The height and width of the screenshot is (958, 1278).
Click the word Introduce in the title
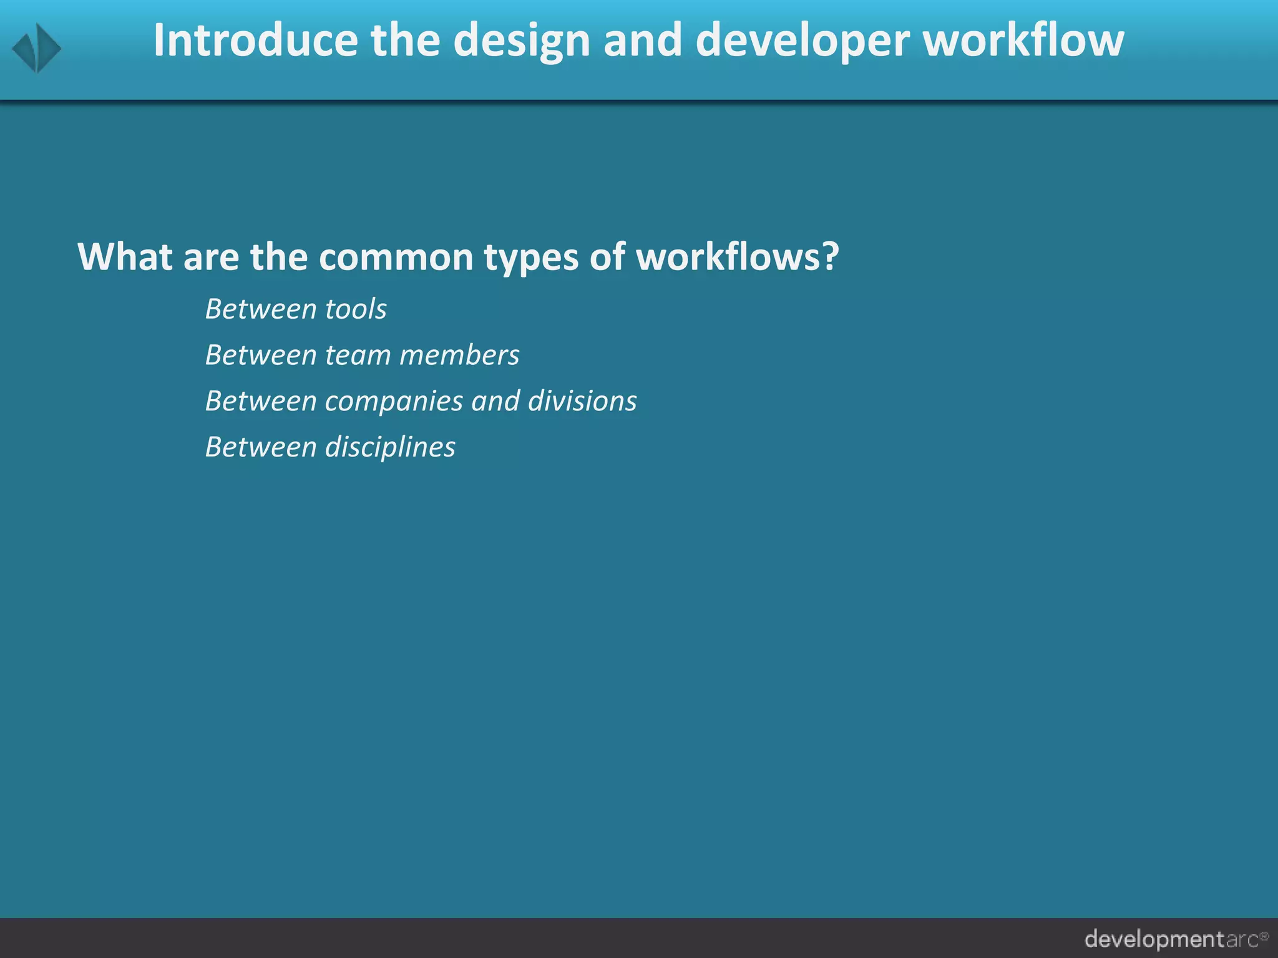(256, 41)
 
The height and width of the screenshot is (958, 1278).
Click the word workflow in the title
(1023, 41)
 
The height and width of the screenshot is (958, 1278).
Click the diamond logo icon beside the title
(37, 48)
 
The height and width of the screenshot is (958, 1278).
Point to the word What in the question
(125, 256)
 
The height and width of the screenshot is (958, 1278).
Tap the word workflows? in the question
(737, 256)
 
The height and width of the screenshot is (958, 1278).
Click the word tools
(356, 309)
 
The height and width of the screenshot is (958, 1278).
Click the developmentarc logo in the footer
(1176, 939)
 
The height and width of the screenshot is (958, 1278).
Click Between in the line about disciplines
(261, 447)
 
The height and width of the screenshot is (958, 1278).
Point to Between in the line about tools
(261, 309)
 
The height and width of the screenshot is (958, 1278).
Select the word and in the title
(642, 41)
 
